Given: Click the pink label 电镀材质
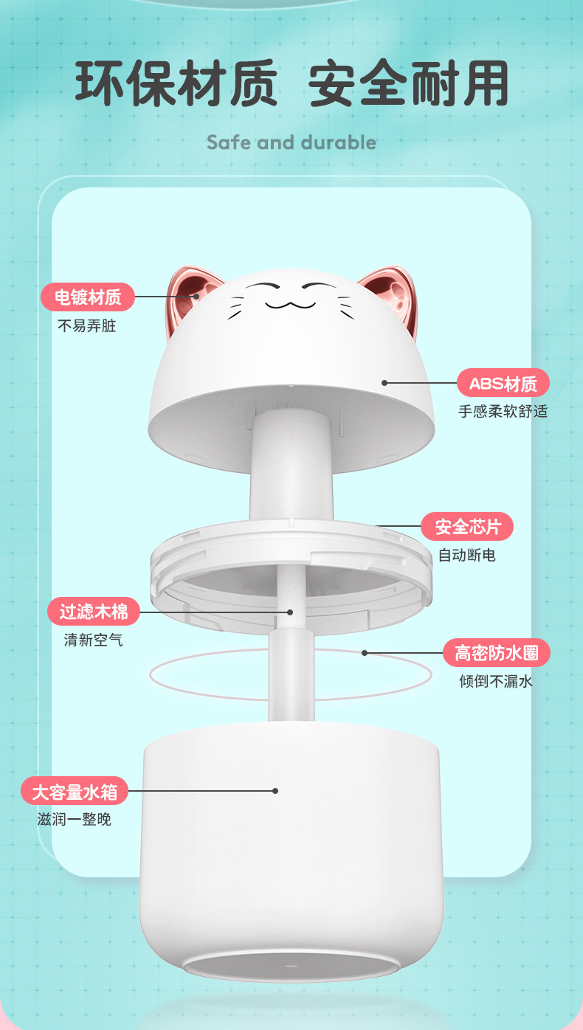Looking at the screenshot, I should click(88, 297).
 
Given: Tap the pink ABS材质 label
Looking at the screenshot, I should click(503, 383).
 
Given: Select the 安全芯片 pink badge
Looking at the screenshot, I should click(467, 527).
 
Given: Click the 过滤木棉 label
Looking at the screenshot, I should click(94, 612).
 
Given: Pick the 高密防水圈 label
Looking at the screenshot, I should click(496, 653).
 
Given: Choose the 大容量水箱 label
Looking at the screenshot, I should click(75, 791).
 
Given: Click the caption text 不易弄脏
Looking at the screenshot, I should click(87, 325).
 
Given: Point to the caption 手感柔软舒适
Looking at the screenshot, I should click(503, 411).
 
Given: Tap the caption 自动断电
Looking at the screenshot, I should click(466, 555).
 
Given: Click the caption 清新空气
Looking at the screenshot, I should click(93, 640).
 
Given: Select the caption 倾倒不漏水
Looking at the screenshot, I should click(495, 681).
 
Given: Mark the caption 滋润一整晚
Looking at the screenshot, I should click(74, 819).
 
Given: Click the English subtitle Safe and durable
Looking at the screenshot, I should click(291, 142).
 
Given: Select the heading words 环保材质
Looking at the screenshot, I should click(176, 84).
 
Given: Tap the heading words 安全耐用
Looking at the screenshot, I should click(408, 84).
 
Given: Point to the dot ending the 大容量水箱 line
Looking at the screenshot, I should click(275, 791).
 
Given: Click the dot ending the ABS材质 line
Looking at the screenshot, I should click(384, 383).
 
